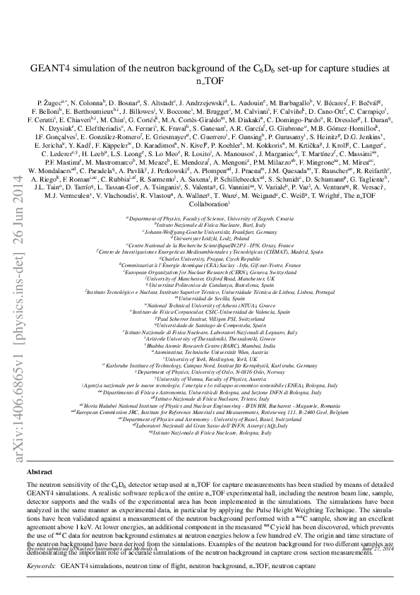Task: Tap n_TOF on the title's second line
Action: click(209, 81)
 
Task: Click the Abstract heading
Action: click(38, 470)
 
